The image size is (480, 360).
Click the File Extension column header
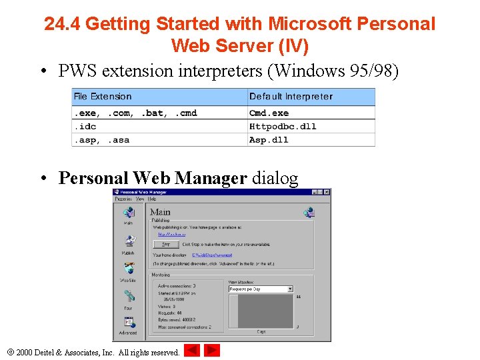pos(103,97)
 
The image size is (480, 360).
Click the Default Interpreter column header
pos(291,97)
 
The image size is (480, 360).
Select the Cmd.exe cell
pos(269,113)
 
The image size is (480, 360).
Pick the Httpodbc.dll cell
pos(273,127)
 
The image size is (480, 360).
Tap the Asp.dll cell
pos(269,140)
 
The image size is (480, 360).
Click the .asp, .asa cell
pos(101,140)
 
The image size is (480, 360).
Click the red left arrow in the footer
pos(192,350)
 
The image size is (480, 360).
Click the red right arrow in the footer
pos(211,350)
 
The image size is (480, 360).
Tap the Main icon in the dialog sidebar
pos(128,213)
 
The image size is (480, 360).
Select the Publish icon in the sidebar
pos(128,242)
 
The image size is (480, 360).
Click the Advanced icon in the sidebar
pos(128,323)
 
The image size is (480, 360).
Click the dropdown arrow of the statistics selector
pos(290,289)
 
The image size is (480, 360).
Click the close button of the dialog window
pos(327,192)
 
